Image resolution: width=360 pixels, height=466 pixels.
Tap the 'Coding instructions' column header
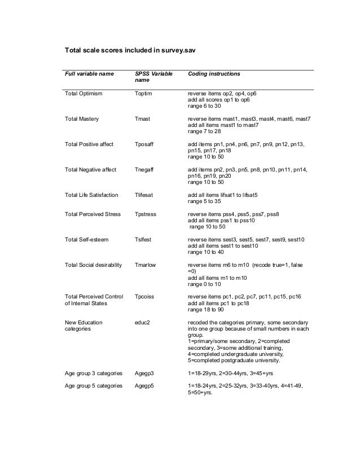(x=214, y=74)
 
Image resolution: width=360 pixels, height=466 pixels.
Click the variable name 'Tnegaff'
(x=146, y=170)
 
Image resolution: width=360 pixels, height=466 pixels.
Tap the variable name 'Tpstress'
(x=147, y=214)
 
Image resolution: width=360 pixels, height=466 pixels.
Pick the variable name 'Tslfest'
(x=144, y=240)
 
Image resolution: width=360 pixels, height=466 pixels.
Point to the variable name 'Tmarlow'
(x=146, y=265)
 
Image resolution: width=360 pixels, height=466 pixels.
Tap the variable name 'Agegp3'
(x=144, y=373)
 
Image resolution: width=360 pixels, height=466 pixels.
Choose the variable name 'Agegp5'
(x=144, y=386)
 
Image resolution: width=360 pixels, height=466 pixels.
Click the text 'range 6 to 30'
(x=204, y=105)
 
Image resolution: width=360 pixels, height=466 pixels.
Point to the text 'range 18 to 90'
(x=206, y=309)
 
